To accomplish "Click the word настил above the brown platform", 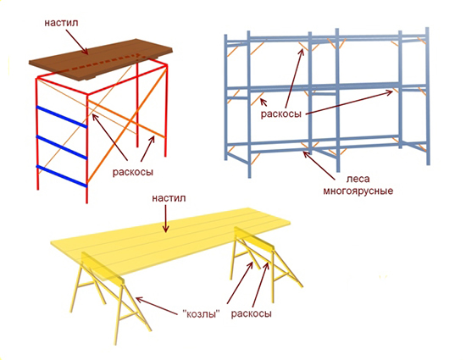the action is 61,23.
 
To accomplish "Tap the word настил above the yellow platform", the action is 169,198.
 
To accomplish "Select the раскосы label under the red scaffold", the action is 132,172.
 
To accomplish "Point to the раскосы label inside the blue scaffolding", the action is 281,114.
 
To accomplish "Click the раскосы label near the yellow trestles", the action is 252,314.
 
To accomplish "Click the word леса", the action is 358,179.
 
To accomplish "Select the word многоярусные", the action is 358,191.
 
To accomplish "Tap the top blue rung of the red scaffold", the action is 62,117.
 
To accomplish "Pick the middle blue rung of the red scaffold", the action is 62,147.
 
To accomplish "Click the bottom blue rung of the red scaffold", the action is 62,177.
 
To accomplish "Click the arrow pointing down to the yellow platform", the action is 166,219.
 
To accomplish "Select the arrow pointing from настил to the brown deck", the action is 77,42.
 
